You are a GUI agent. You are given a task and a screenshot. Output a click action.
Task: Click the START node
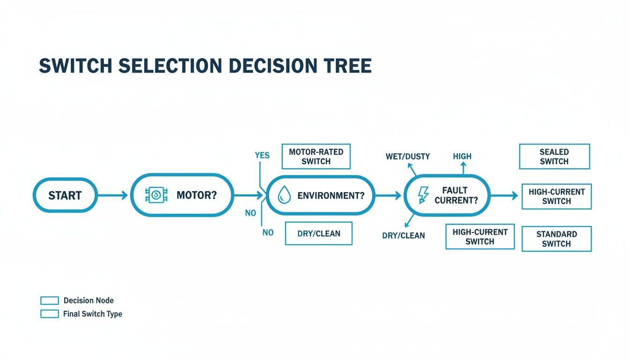65,195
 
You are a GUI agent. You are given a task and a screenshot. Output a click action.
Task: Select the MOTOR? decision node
182,195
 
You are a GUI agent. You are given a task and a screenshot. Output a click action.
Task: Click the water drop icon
284,195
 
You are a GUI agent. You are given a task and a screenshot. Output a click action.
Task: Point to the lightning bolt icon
423,195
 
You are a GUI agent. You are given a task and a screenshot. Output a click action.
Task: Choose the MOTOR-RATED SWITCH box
316,157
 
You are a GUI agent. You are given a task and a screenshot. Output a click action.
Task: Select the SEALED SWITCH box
554,157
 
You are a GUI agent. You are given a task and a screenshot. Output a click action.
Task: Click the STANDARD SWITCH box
556,239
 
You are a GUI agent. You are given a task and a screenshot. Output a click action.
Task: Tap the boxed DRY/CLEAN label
319,233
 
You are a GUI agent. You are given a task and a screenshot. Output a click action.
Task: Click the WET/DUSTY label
407,156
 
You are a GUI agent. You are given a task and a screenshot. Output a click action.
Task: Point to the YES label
262,155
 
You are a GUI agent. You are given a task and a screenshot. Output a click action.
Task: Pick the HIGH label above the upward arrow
462,156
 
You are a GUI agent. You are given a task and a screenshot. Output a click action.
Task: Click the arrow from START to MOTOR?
112,195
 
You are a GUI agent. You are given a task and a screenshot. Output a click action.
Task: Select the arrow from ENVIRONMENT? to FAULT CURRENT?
389,195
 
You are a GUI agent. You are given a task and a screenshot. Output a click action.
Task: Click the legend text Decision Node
89,300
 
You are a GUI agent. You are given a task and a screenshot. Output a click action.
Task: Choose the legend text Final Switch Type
92,314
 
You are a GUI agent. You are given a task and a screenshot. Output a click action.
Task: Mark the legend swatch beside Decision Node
50,300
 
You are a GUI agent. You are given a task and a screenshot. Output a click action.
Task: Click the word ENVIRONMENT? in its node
331,195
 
